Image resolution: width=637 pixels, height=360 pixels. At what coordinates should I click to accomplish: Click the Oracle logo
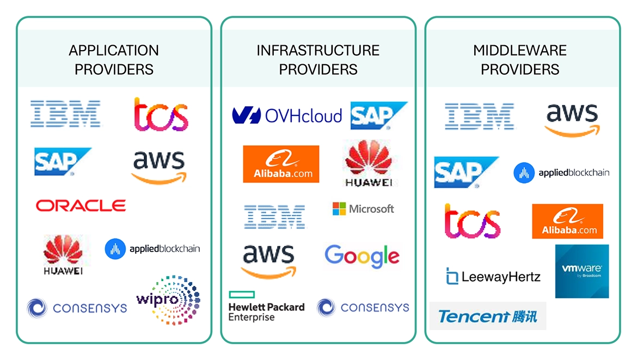tap(81, 205)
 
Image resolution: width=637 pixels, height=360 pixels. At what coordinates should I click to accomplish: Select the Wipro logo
tap(168, 300)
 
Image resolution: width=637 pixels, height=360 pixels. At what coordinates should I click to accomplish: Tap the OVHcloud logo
tap(287, 115)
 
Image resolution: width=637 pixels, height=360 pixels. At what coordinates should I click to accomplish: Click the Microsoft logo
tap(363, 209)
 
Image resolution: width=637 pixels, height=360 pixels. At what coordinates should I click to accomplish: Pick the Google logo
tap(362, 256)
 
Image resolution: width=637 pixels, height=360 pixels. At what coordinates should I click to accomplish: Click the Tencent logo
tap(488, 316)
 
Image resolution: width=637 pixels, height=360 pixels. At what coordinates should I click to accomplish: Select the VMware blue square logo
tap(581, 271)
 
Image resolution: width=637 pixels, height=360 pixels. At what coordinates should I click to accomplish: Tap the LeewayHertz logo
tap(493, 277)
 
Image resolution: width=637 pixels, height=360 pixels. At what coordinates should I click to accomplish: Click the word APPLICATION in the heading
tap(114, 51)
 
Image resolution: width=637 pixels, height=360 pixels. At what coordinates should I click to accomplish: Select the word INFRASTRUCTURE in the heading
tap(318, 51)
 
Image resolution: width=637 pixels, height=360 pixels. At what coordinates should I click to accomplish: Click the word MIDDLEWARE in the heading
tap(520, 51)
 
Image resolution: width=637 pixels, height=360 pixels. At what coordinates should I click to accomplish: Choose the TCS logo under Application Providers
tap(161, 115)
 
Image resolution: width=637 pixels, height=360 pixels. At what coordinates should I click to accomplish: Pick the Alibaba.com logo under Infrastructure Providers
tap(281, 164)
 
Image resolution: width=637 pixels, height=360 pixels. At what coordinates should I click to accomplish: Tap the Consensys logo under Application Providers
tap(77, 308)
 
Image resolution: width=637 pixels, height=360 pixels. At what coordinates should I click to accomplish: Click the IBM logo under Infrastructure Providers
tap(274, 216)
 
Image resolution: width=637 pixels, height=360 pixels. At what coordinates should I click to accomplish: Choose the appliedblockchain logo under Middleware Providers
tap(561, 173)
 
